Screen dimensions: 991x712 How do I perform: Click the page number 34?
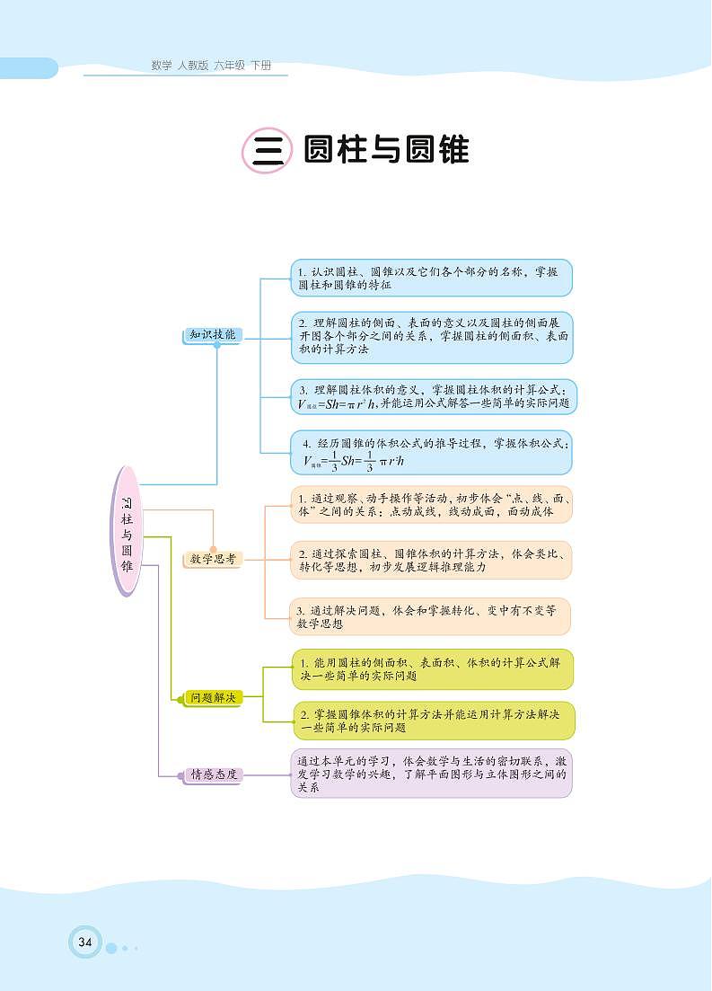point(85,942)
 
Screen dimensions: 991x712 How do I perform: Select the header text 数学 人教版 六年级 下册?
point(211,66)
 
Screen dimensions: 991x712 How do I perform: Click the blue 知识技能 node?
point(212,333)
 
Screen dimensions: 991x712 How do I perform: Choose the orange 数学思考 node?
point(212,559)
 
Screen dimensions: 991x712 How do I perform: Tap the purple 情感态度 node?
point(213,774)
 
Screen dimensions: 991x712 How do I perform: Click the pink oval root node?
point(127,530)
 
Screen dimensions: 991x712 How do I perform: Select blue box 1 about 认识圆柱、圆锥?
point(431,278)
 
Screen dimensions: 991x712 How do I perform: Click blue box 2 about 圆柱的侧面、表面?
point(433,337)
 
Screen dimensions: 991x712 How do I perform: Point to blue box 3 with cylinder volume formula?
point(435,396)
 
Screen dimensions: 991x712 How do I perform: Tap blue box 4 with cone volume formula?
point(433,453)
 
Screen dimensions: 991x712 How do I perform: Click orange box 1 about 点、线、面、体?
point(431,504)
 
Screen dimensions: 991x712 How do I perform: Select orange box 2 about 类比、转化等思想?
point(431,560)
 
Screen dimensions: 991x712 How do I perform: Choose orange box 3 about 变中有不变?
point(431,616)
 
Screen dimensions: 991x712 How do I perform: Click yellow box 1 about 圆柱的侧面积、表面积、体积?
point(432,668)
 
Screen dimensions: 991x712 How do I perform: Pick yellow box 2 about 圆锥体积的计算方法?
point(432,721)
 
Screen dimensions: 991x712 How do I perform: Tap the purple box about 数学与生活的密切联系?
point(432,774)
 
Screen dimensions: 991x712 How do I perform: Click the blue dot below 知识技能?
point(216,344)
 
